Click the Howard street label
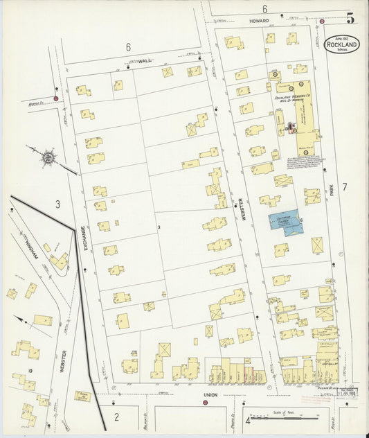259,21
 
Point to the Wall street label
144,61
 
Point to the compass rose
47,158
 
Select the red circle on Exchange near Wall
56,98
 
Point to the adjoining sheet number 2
116,417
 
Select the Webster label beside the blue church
243,208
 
